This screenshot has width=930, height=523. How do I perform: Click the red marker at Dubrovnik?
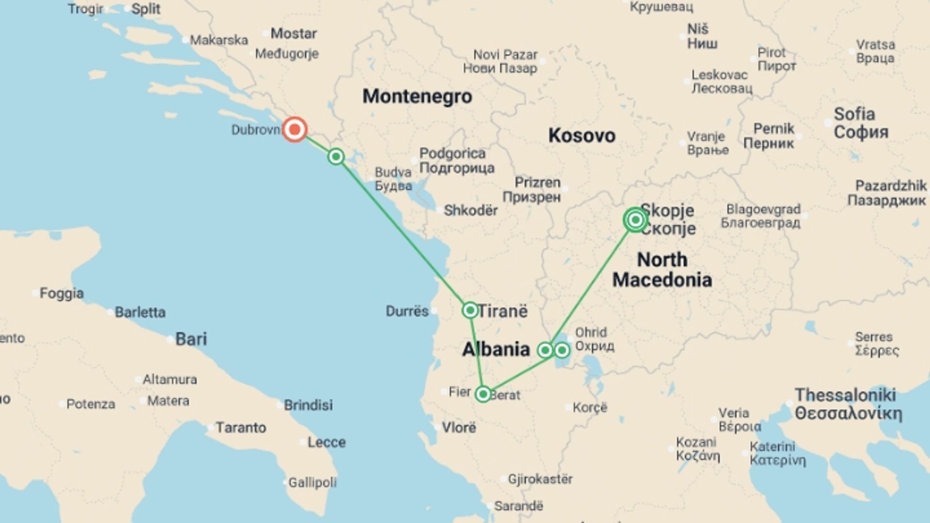[294, 129]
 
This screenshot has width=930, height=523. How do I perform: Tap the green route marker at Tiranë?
[470, 310]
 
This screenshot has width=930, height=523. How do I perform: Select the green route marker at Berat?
[483, 394]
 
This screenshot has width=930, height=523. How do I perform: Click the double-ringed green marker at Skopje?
[635, 220]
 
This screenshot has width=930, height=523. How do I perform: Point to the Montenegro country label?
[417, 96]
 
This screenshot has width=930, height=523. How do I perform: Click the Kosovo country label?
[582, 136]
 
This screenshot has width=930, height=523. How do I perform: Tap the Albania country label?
[496, 349]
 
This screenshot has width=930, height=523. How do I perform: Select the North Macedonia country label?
[662, 270]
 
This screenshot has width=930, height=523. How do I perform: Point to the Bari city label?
[191, 339]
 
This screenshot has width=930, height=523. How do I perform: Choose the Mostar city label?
[294, 33]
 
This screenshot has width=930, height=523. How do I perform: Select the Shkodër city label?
[470, 211]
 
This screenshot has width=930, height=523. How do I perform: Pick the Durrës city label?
[407, 311]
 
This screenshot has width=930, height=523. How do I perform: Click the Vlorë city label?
[459, 428]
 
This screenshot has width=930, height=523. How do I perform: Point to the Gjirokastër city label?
[540, 479]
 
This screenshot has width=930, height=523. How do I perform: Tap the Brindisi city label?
[308, 405]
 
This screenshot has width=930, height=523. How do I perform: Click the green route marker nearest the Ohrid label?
[562, 350]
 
